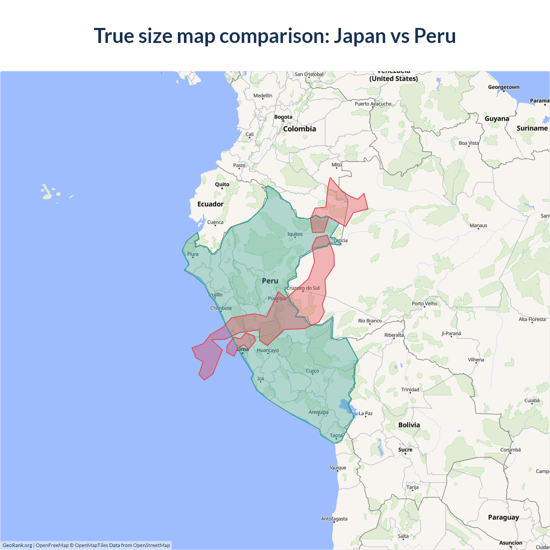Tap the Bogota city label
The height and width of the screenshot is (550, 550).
(283, 117)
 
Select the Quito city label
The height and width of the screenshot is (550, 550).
(222, 184)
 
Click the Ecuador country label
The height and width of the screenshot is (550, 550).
(210, 204)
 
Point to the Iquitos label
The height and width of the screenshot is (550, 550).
(295, 234)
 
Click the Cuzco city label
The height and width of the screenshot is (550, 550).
(312, 371)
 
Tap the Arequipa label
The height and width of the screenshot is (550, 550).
(318, 412)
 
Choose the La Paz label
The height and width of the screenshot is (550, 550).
(366, 413)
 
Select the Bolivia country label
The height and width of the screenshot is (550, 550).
(409, 425)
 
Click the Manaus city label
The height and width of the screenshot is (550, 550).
(478, 226)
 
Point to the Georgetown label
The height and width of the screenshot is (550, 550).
(504, 87)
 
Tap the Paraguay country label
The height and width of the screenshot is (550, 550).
(503, 517)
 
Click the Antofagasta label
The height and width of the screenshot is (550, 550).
(334, 519)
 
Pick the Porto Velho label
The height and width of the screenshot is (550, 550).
(425, 303)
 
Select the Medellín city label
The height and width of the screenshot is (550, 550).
(263, 95)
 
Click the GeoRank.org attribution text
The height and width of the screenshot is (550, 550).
(17, 545)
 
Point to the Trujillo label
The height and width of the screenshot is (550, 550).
(215, 295)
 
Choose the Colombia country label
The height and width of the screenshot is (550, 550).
(299, 129)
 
